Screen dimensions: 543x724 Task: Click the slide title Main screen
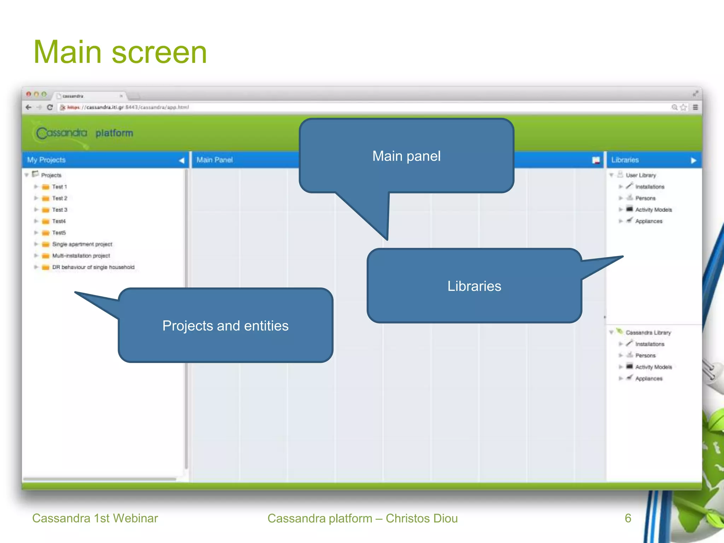(x=120, y=52)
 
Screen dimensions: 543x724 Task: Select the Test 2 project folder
(x=59, y=198)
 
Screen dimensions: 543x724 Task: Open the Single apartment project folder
(x=82, y=244)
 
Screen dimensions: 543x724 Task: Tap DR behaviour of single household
(x=93, y=267)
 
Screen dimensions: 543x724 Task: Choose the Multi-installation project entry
(x=81, y=256)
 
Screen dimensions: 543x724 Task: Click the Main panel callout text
(x=406, y=156)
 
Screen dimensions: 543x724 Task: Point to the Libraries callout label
(x=474, y=286)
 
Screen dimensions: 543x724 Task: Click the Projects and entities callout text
(x=225, y=326)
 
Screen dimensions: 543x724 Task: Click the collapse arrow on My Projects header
(x=181, y=160)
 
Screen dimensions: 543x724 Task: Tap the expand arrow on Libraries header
(x=693, y=160)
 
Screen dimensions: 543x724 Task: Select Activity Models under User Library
(x=653, y=210)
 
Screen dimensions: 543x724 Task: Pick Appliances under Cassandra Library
(x=648, y=379)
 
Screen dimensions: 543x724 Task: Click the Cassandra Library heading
(x=648, y=333)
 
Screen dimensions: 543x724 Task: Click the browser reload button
(x=50, y=107)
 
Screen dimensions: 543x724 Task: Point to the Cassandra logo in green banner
(x=62, y=133)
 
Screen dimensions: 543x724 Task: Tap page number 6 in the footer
(x=628, y=518)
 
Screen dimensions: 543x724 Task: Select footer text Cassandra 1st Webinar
(x=95, y=518)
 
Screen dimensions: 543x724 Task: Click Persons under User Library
(x=645, y=198)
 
